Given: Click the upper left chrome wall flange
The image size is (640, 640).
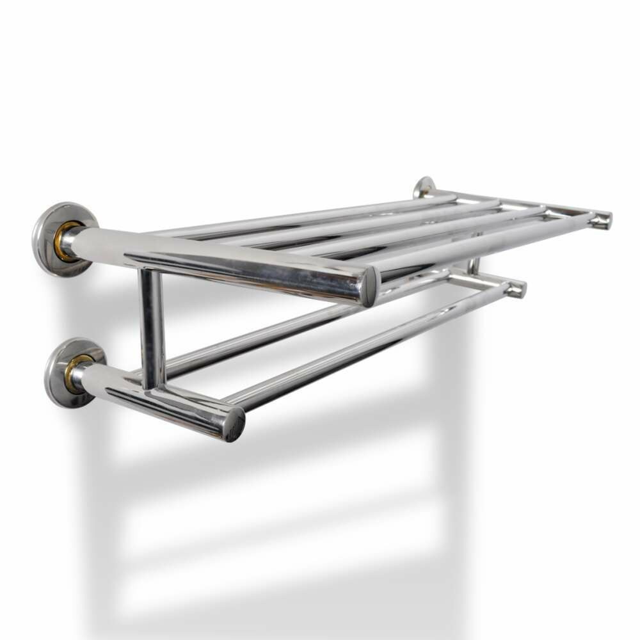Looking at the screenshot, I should [46, 238].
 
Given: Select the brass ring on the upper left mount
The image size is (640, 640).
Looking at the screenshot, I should [64, 241].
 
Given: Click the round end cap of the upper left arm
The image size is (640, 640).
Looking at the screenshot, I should [370, 286].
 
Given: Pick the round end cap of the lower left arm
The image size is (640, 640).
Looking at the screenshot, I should [235, 423].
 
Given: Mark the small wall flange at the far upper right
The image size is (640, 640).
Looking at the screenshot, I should [423, 187].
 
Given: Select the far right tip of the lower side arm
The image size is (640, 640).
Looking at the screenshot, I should [517, 289].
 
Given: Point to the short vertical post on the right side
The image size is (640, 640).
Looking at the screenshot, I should [475, 264].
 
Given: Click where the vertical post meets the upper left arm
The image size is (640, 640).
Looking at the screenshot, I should [151, 274].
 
